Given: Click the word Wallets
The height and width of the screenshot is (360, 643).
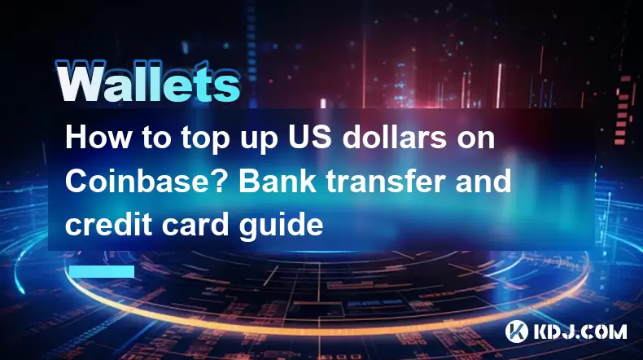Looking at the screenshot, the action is [147, 81].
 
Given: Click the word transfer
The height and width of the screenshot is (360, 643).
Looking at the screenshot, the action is [386, 181].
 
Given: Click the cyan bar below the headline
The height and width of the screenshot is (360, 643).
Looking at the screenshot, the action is [102, 271].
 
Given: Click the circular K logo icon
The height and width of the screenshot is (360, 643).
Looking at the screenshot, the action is [516, 331].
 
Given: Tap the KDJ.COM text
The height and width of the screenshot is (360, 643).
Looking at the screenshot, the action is [580, 331].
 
